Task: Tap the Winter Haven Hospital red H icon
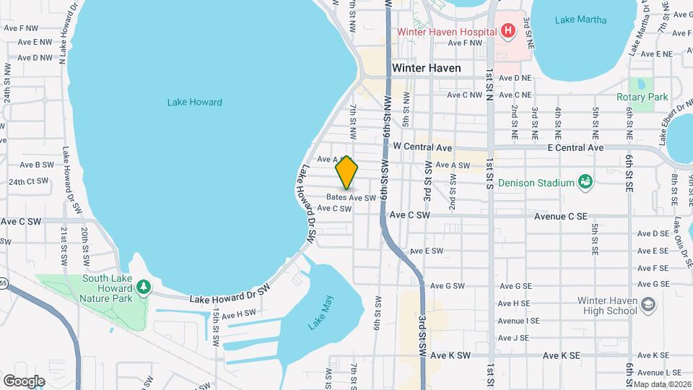(x=508, y=31)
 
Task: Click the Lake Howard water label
(x=194, y=103)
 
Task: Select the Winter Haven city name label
(x=426, y=68)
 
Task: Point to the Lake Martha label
(x=581, y=19)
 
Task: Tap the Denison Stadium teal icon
(x=585, y=182)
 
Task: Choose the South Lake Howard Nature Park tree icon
(x=144, y=287)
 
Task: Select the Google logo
(x=24, y=381)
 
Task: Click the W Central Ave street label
(x=422, y=147)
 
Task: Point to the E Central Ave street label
(x=575, y=147)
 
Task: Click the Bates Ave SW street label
(x=351, y=197)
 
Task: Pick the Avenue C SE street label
(x=561, y=215)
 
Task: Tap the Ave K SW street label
(x=450, y=355)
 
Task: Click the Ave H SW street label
(x=239, y=314)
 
